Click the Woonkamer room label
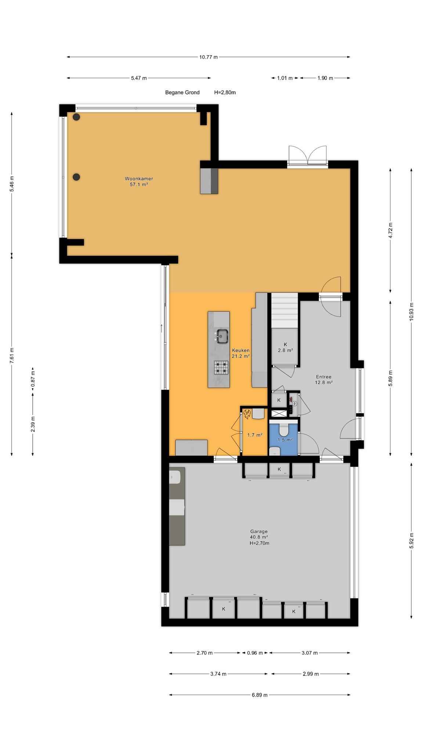point(139,179)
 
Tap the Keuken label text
point(241,350)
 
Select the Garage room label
point(259,531)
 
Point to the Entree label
point(323,377)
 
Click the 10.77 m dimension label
point(209,57)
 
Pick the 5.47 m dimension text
point(139,78)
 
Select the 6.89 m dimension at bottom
point(260,695)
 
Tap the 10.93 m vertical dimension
point(411,311)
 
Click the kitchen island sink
point(222,336)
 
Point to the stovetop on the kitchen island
point(222,367)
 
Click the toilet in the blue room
point(284,429)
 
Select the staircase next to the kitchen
point(284,310)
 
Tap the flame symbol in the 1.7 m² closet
point(247,415)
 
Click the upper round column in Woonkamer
point(76,117)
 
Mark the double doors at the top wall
point(307,156)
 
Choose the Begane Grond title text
point(182,93)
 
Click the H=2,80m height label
point(225,93)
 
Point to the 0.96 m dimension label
point(255,653)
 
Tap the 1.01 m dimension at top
point(285,78)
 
